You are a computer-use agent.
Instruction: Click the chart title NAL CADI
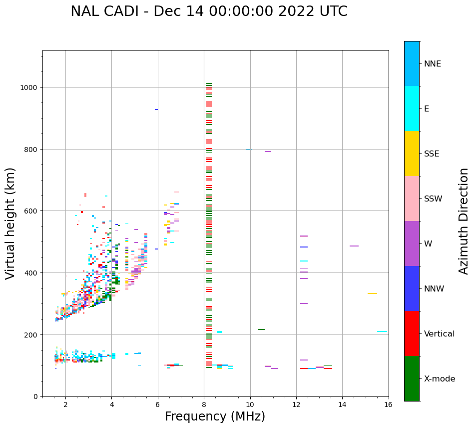click(x=209, y=11)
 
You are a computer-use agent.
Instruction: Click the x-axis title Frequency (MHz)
click(x=215, y=416)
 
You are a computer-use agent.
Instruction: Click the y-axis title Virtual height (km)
click(x=10, y=223)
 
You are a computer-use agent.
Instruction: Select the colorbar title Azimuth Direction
click(x=464, y=221)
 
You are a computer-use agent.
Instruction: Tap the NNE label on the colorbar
click(x=433, y=63)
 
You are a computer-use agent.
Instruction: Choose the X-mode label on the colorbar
click(x=440, y=378)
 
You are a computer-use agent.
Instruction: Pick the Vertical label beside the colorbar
click(x=440, y=333)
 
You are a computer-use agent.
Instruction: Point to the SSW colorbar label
click(x=433, y=198)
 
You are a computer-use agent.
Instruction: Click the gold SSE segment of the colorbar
click(x=412, y=153)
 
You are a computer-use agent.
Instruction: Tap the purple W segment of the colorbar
click(x=412, y=243)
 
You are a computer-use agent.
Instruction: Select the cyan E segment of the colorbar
click(x=412, y=108)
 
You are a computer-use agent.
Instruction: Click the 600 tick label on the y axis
click(x=31, y=211)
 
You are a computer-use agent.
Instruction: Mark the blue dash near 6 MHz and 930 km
click(x=156, y=109)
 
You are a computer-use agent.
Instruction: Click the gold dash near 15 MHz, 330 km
click(x=372, y=293)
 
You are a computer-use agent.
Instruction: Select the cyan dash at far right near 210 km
click(x=382, y=331)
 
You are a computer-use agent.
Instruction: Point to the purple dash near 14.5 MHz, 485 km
click(x=354, y=246)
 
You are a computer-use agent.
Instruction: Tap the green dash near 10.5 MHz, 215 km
click(x=261, y=329)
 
